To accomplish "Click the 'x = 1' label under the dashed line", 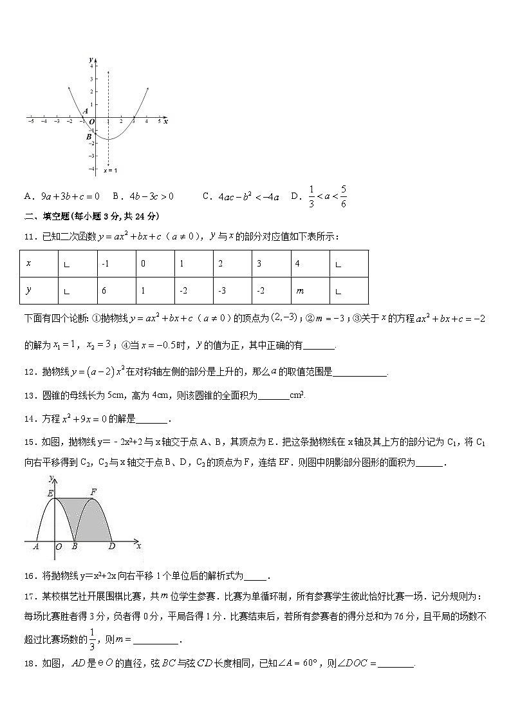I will pyautogui.click(x=110, y=171).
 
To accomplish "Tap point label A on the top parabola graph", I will pyautogui.click(x=85, y=111).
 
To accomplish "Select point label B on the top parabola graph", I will pyautogui.click(x=89, y=136).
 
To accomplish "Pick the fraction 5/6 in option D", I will pyautogui.click(x=344, y=196).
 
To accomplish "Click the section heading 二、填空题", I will pyautogui.click(x=53, y=216).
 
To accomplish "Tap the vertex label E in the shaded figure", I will pyautogui.click(x=50, y=493).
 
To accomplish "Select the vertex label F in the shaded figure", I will pyautogui.click(x=94, y=491).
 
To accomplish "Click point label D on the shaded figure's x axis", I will pyautogui.click(x=112, y=547).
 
